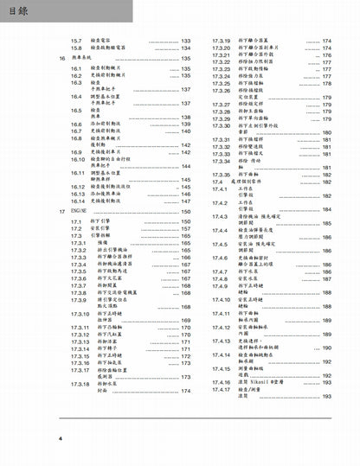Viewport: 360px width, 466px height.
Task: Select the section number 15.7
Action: point(75,41)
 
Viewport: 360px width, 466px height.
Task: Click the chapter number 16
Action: point(61,58)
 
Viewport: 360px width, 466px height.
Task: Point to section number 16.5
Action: point(76,111)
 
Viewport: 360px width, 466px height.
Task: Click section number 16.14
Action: point(78,201)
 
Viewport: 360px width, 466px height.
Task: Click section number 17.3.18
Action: point(81,383)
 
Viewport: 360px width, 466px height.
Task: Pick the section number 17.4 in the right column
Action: point(212,182)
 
